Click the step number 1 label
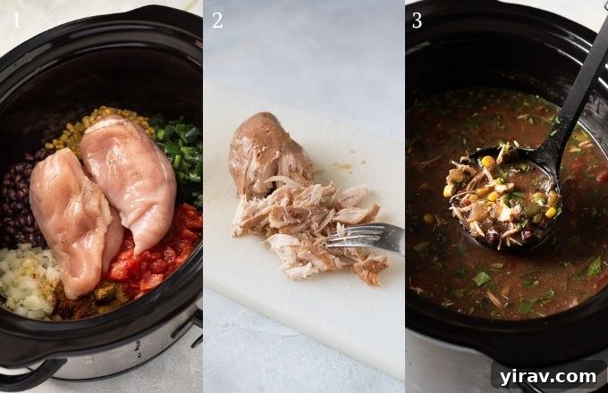14,20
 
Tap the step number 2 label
217,20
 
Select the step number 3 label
417,20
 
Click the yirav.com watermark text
548,375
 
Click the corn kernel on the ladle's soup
487,162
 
